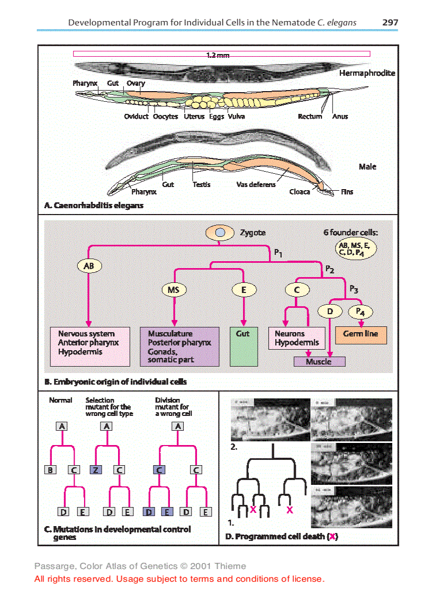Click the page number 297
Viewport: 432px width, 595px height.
coord(390,23)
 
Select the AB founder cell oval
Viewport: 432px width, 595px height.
coord(89,266)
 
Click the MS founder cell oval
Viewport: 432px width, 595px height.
coord(174,290)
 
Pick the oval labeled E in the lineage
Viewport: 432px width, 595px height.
coord(244,290)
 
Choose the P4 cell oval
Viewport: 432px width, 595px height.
coord(361,311)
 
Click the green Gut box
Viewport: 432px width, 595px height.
coord(244,347)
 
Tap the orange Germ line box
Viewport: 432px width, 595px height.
coord(361,334)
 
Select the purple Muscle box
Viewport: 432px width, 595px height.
coord(319,362)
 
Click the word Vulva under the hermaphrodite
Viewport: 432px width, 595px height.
coord(237,117)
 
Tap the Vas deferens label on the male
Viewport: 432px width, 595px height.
coord(256,184)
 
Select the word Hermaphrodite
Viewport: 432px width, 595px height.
coord(367,73)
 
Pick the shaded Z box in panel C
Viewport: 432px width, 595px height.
coord(95,470)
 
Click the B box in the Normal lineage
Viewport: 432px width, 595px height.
coord(50,470)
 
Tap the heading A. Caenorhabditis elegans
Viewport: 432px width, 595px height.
coord(94,205)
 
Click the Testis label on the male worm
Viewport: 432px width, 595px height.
coord(201,184)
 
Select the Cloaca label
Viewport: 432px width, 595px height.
coord(300,192)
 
